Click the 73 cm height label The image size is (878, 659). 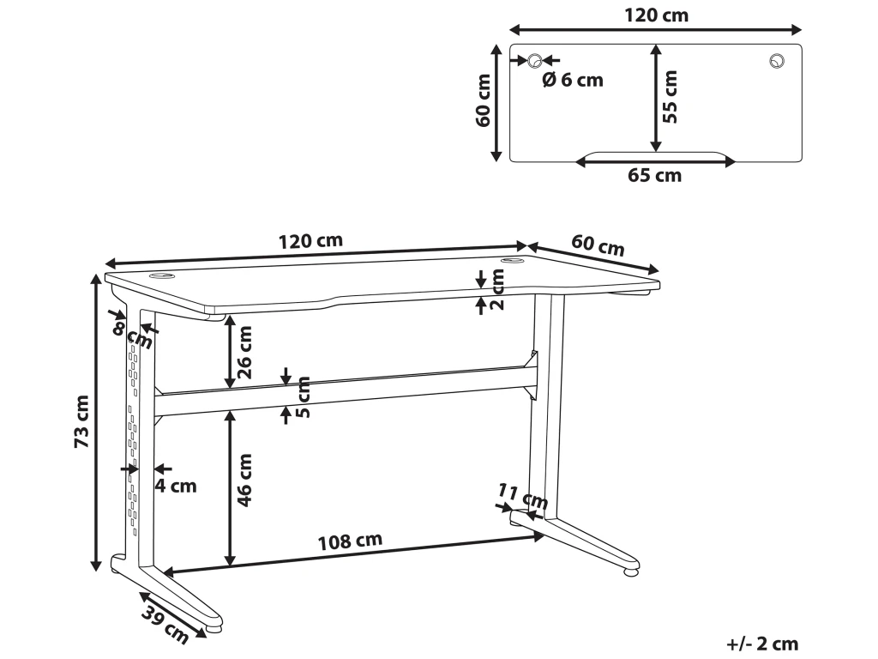click(x=81, y=422)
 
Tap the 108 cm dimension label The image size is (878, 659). click(x=350, y=541)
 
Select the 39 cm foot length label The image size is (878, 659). click(x=165, y=624)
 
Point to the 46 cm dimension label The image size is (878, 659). click(x=246, y=480)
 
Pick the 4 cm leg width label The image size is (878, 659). click(x=176, y=487)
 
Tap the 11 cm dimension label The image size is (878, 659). click(x=522, y=497)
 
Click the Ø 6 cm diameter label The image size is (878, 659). click(x=573, y=80)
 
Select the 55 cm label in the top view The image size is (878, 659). click(x=671, y=96)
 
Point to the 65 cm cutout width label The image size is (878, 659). click(x=655, y=176)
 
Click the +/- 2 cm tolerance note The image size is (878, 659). click(x=761, y=644)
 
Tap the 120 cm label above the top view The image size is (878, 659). click(x=655, y=15)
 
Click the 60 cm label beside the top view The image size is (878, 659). click(x=484, y=100)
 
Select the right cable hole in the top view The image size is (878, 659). click(x=777, y=60)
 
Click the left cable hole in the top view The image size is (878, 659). click(x=534, y=60)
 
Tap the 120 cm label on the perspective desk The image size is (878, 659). click(x=310, y=241)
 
